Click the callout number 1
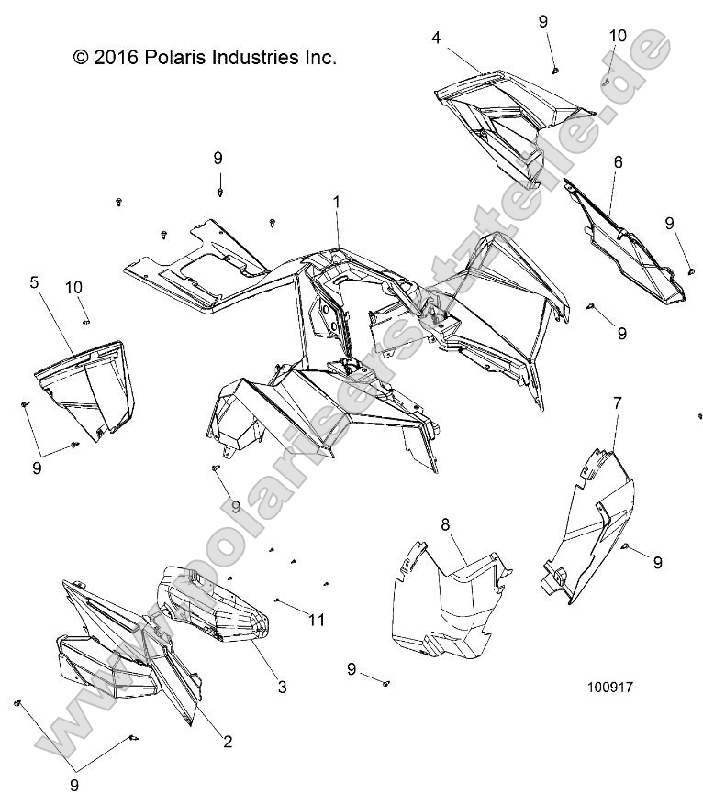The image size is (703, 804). [337, 201]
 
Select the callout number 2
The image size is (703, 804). [227, 742]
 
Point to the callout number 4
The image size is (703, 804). [435, 38]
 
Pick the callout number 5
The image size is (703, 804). [34, 283]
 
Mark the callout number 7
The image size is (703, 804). [618, 403]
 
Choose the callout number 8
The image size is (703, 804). [445, 524]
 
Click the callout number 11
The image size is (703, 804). [317, 621]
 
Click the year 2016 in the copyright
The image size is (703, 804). [116, 57]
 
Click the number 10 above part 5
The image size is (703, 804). [75, 287]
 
